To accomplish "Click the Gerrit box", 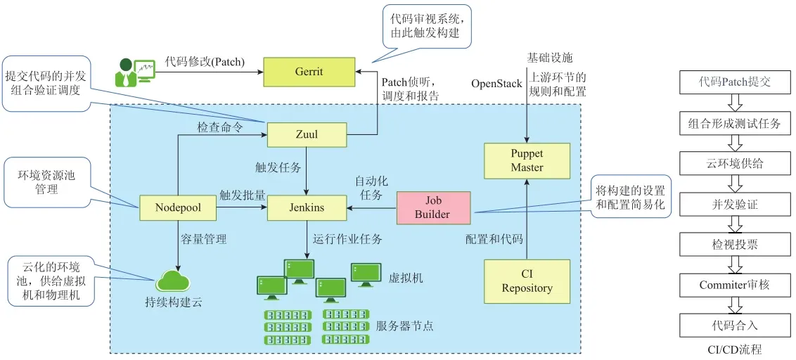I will point(307,71).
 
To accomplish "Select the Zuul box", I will point(307,134).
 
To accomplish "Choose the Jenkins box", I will point(307,207).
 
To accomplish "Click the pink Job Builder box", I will point(432,207).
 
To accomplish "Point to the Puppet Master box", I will point(527,160).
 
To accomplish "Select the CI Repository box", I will point(527,281).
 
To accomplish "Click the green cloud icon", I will point(174,280).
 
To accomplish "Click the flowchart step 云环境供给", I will point(736,164).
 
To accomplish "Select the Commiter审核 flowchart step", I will point(736,285).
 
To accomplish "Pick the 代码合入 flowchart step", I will point(736,326).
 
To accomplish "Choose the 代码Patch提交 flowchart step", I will point(736,82).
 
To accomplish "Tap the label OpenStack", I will point(496,84).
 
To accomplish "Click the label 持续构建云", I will point(174,302).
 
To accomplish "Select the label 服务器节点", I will point(405,326).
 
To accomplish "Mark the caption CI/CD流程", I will point(736,349).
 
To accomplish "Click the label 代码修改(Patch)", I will point(205,62).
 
